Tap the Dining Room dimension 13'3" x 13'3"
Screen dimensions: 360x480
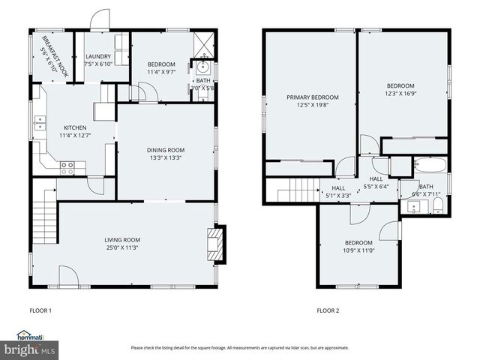[165, 158]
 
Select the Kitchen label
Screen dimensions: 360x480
[75, 127]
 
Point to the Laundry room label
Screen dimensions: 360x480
[98, 56]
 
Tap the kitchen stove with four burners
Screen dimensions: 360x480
[67, 168]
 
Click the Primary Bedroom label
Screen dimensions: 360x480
[313, 97]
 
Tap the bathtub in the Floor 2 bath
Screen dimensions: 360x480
[429, 166]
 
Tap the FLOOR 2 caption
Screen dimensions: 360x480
[328, 310]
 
